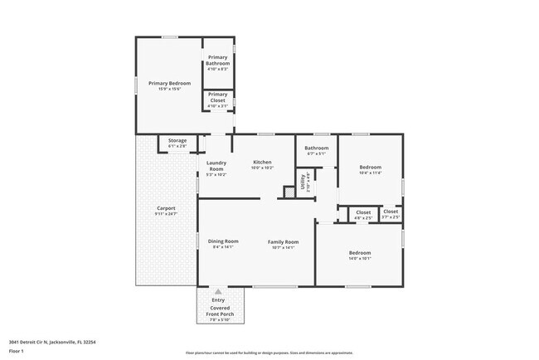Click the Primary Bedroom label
point(169,83)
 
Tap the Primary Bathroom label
point(217,60)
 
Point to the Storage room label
point(177,141)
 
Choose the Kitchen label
point(262,162)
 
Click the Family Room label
point(283,242)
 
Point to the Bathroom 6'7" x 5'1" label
point(316,148)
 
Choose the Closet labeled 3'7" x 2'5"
point(391,212)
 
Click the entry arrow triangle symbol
point(218,292)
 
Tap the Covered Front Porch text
point(218,310)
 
